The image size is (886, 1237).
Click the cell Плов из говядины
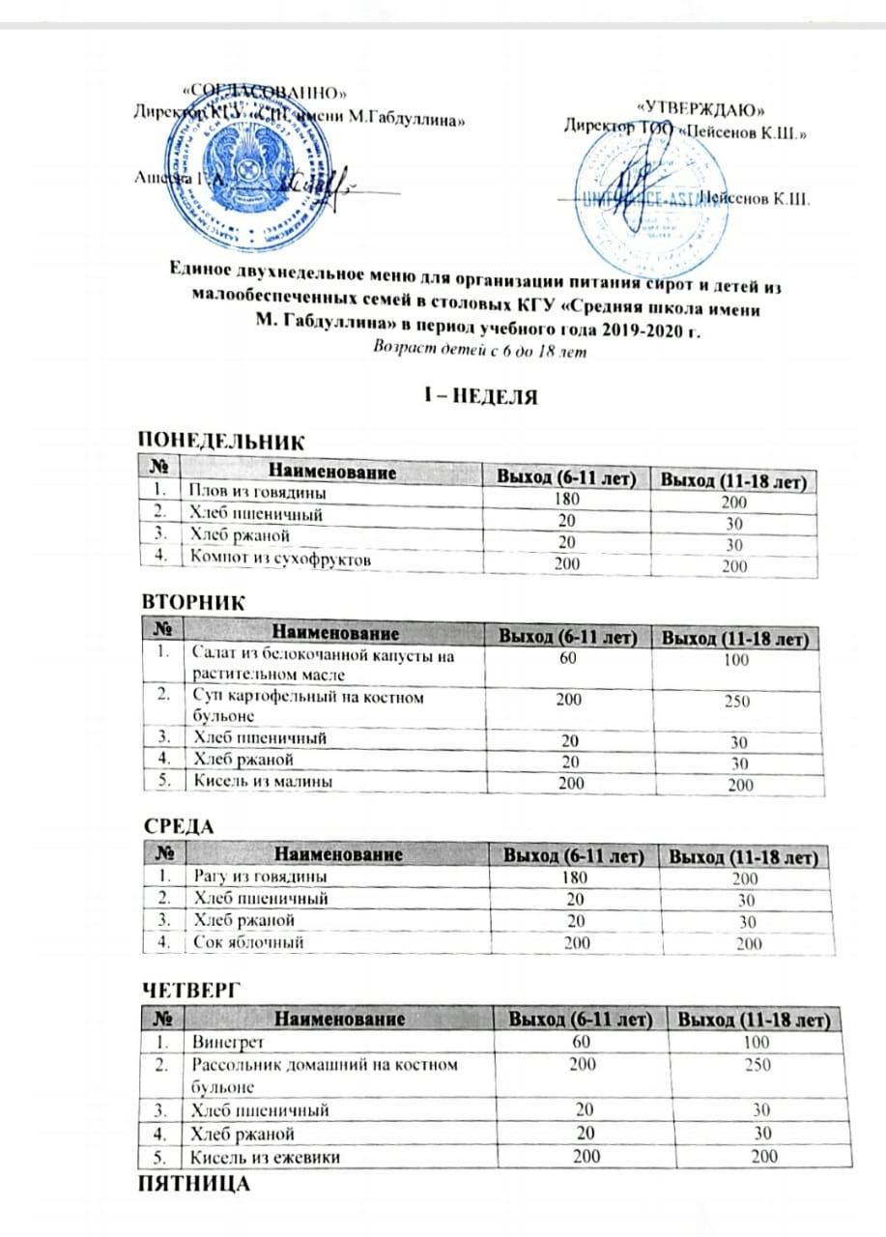[255, 493]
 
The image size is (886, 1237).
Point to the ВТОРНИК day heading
[193, 601]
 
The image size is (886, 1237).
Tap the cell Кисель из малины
[253, 783]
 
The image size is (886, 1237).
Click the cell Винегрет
[228, 1043]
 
